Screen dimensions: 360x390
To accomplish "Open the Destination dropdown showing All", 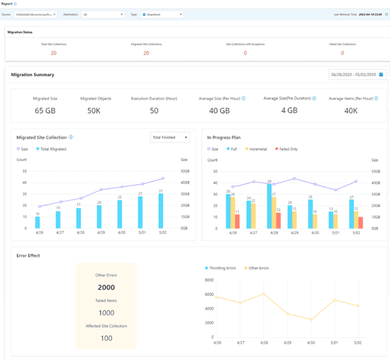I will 103,13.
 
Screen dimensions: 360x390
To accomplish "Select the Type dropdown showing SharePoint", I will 162,13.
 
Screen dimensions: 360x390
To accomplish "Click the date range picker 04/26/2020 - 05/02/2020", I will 357,75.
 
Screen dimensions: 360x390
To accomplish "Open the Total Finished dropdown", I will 170,137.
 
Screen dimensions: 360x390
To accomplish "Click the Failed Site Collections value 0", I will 342,54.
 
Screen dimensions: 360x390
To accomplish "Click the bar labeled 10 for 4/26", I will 38,222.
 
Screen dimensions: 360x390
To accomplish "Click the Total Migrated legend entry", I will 52,148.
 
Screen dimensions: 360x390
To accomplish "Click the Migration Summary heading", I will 32,75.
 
